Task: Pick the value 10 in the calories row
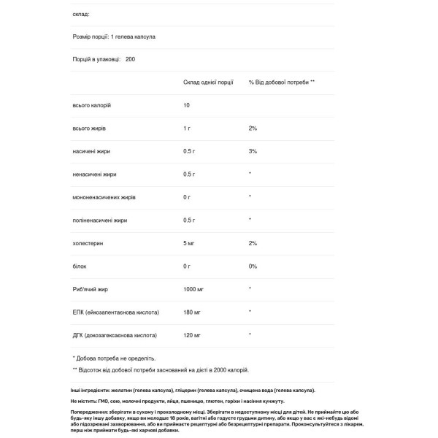click(187, 105)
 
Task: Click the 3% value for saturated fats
click(253, 151)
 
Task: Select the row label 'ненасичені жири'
click(94, 174)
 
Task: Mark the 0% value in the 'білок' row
click(253, 266)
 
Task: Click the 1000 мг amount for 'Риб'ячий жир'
click(194, 289)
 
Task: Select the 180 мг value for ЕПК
click(192, 312)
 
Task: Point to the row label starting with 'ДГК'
click(114, 335)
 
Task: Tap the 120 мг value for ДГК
click(192, 335)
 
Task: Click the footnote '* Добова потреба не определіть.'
click(114, 358)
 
